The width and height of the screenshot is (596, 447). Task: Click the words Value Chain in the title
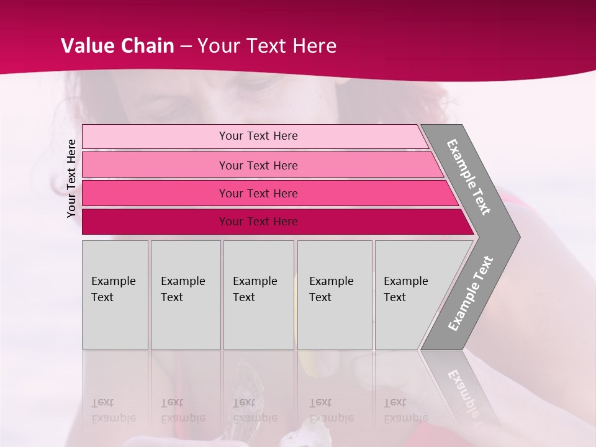pyautogui.click(x=117, y=46)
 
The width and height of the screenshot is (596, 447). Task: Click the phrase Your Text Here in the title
pyautogui.click(x=267, y=46)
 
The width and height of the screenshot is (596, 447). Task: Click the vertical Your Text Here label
pyautogui.click(x=71, y=178)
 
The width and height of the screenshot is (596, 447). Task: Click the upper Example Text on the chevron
pyautogui.click(x=469, y=177)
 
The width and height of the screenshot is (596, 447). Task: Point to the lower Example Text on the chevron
pyautogui.click(x=470, y=294)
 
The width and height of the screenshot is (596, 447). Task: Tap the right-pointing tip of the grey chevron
pyautogui.click(x=517, y=237)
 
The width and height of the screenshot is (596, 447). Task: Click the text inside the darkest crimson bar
pyautogui.click(x=258, y=222)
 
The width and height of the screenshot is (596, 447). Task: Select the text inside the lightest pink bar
pyautogui.click(x=258, y=136)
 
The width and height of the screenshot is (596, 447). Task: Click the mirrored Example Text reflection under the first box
pyautogui.click(x=113, y=410)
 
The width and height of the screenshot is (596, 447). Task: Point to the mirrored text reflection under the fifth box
pyautogui.click(x=405, y=410)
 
